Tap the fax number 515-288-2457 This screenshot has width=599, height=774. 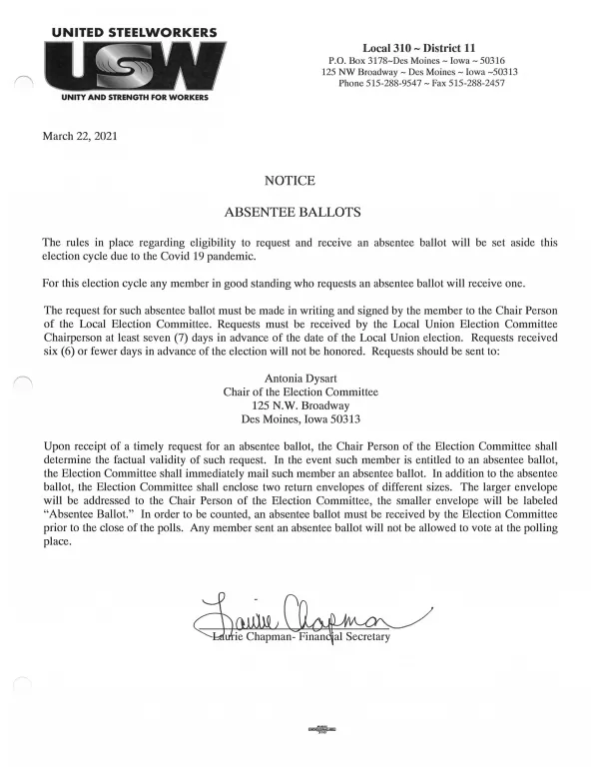(474, 84)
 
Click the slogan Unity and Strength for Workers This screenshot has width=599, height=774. (135, 99)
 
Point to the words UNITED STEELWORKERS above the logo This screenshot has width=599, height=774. (133, 33)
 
